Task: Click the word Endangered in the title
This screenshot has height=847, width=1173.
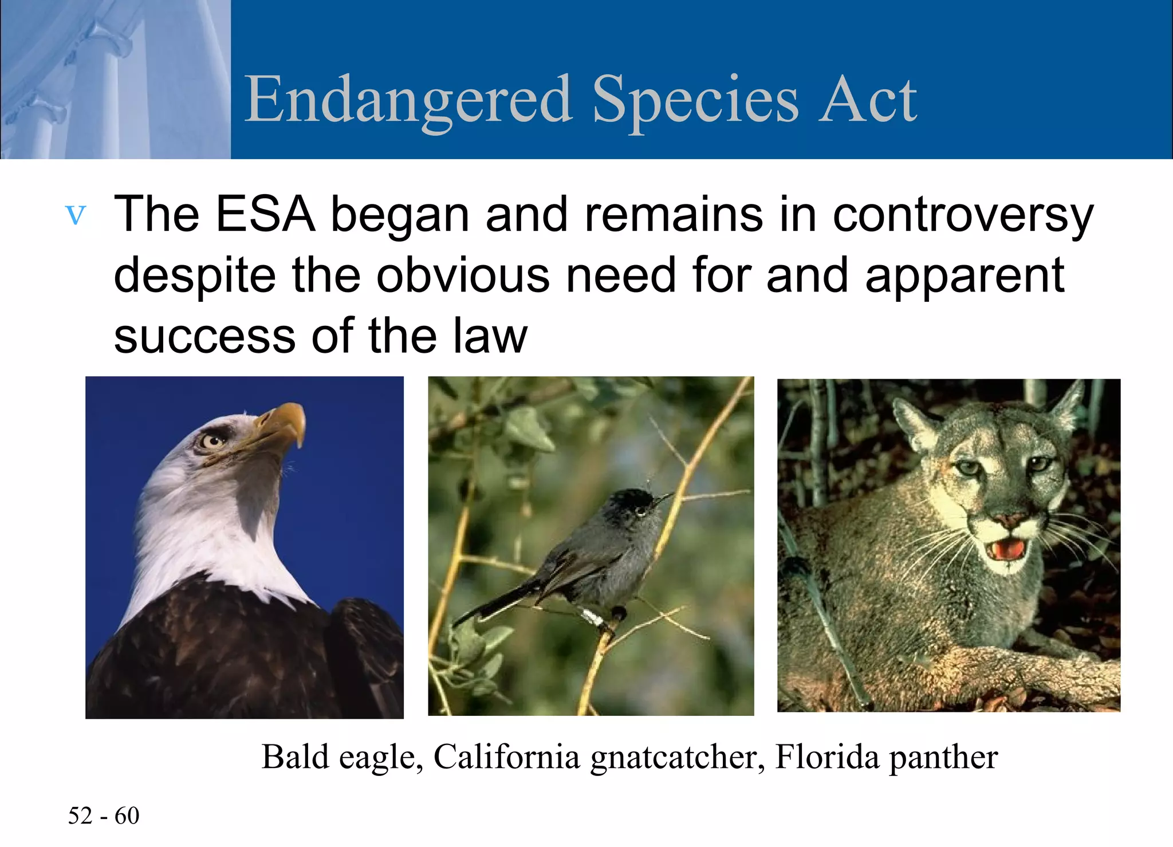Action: click(x=408, y=100)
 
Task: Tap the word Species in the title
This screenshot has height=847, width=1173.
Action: click(x=695, y=100)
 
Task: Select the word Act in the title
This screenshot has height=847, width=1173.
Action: click(x=867, y=100)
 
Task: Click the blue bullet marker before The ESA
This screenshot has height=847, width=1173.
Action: click(x=76, y=215)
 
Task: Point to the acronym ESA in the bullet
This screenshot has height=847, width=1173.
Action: click(x=265, y=214)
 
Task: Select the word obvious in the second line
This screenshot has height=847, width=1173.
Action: click(x=462, y=275)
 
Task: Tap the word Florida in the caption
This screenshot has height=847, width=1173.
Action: click(x=826, y=757)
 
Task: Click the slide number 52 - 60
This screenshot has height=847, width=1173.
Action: click(x=104, y=816)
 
